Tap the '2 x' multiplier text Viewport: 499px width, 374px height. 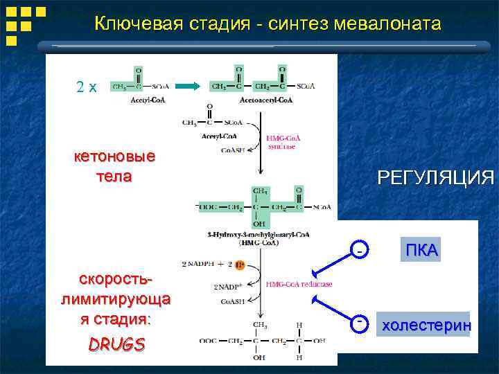click(x=87, y=87)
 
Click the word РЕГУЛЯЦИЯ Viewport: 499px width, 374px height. click(x=435, y=178)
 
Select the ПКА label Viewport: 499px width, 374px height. click(x=421, y=251)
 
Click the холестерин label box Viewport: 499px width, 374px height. click(x=426, y=325)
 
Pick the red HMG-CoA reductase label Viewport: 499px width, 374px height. click(x=299, y=285)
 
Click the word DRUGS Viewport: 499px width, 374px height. click(x=116, y=344)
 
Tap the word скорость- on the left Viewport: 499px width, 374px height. click(x=116, y=280)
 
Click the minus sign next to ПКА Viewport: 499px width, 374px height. click(x=360, y=248)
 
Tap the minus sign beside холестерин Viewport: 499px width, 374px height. click(x=360, y=322)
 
